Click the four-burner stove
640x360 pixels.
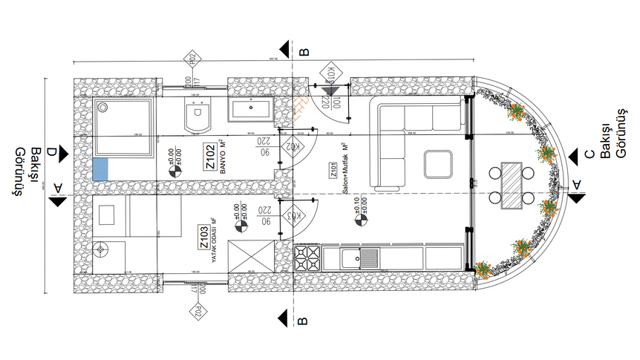click(x=307, y=258)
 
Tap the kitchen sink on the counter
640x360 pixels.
click(x=361, y=258)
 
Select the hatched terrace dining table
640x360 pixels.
click(x=512, y=186)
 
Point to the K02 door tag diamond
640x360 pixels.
click(x=294, y=146)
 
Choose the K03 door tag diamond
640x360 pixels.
click(x=294, y=216)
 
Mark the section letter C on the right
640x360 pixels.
click(x=589, y=154)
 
